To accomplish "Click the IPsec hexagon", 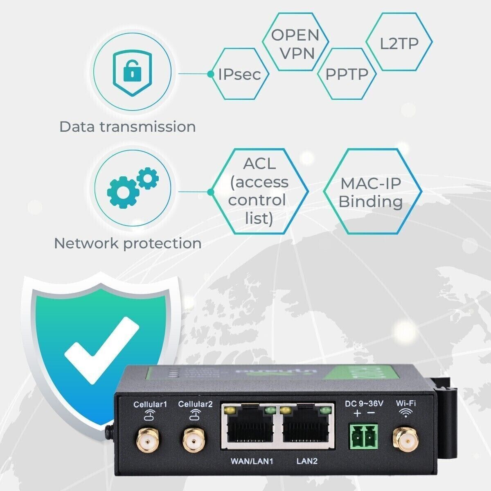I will click(x=240, y=74).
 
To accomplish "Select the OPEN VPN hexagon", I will click(x=295, y=43).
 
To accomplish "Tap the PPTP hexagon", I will click(x=347, y=74).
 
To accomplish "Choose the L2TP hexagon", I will click(x=399, y=43).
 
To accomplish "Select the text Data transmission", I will click(x=127, y=126).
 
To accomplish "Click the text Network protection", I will click(x=127, y=243).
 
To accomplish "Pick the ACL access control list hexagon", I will click(x=259, y=191).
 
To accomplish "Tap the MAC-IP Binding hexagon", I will click(x=371, y=192).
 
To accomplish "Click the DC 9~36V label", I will click(x=364, y=404).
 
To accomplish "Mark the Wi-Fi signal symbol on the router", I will click(x=405, y=414).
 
